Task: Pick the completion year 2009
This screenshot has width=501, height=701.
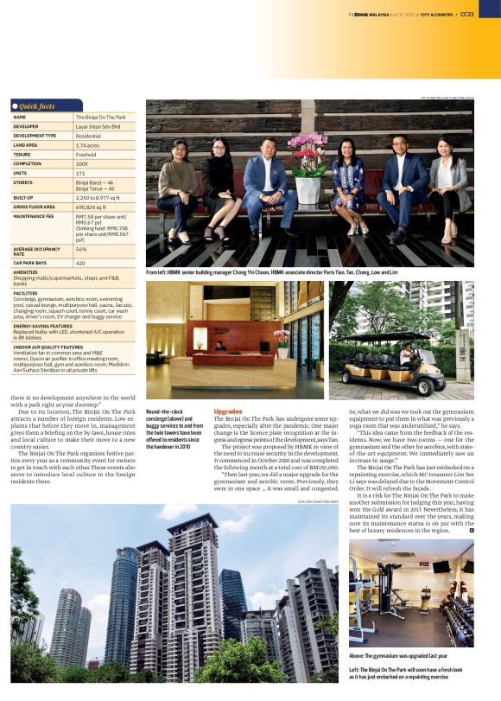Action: (x=81, y=163)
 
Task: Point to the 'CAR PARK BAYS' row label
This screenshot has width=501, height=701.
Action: (x=31, y=263)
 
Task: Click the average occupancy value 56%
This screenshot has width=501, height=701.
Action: (x=80, y=249)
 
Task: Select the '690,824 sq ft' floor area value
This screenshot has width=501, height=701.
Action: (x=94, y=207)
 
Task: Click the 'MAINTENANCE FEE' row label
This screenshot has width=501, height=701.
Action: (x=35, y=217)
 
